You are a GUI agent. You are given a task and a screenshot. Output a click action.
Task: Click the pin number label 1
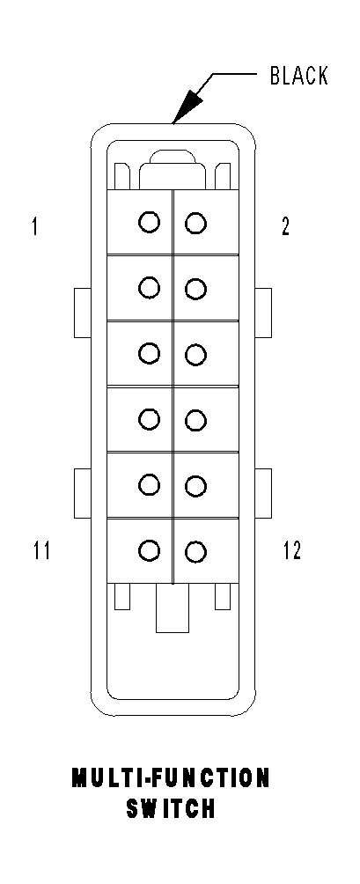34,227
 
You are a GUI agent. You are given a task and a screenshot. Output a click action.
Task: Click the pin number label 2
285,227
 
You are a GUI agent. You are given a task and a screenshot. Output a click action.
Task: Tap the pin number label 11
40,551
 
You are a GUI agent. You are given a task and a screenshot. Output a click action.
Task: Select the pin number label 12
291,551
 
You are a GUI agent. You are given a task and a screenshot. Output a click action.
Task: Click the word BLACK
298,77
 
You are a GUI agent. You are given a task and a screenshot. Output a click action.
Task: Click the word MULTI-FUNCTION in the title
171,778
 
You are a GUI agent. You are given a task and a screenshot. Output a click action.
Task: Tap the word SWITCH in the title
171,809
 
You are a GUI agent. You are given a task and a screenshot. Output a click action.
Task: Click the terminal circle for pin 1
149,222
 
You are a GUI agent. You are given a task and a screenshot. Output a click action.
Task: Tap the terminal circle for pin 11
149,550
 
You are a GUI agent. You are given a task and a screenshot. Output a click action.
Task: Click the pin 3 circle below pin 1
149,287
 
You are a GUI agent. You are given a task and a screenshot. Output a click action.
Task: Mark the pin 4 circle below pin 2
196,289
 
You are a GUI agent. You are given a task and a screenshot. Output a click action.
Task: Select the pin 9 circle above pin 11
149,484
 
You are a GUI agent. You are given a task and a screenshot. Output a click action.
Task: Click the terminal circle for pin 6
196,355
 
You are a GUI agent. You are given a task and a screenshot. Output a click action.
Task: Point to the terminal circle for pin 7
149,419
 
